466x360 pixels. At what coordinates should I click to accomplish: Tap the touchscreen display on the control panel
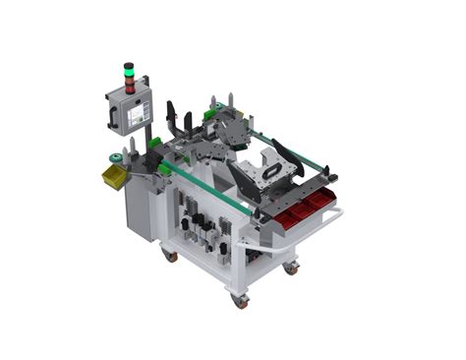click(135, 116)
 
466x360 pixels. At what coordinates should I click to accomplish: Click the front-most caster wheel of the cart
click(240, 301)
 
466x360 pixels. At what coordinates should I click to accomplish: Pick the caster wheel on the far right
click(290, 267)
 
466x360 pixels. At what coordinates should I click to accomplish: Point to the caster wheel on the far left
click(170, 255)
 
